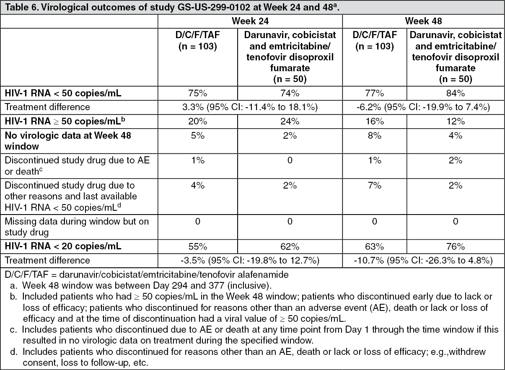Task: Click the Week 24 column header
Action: [x=250, y=21]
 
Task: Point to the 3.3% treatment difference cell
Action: [x=250, y=107]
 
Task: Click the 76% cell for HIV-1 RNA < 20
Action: [x=456, y=247]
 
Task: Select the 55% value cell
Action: [x=197, y=247]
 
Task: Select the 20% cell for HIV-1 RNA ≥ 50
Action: [x=197, y=121]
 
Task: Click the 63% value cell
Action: [x=375, y=247]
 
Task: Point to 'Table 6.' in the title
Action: [x=18, y=7]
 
